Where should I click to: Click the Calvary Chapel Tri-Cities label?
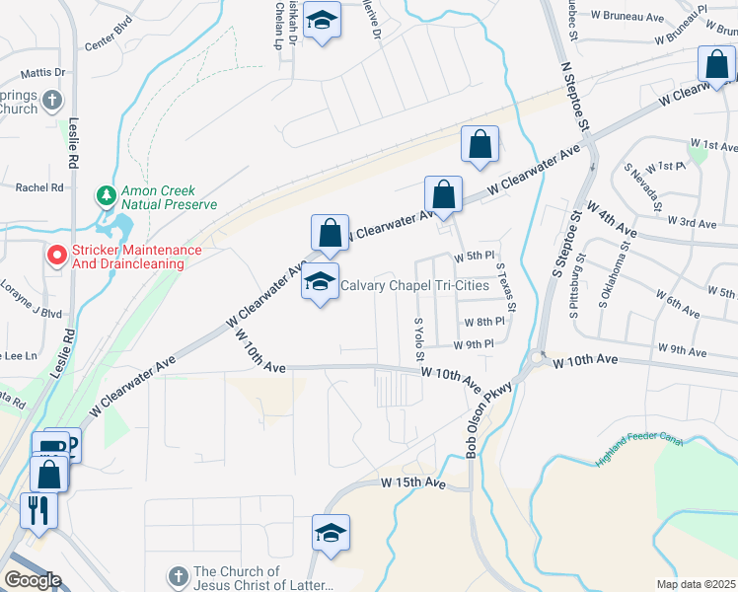[414, 286]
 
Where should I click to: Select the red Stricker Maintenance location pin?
[57, 257]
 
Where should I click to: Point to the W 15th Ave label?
[414, 483]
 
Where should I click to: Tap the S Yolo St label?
[419, 338]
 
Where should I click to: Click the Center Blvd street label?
[108, 44]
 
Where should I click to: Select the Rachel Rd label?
[39, 186]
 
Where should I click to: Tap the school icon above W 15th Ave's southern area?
[332, 533]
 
